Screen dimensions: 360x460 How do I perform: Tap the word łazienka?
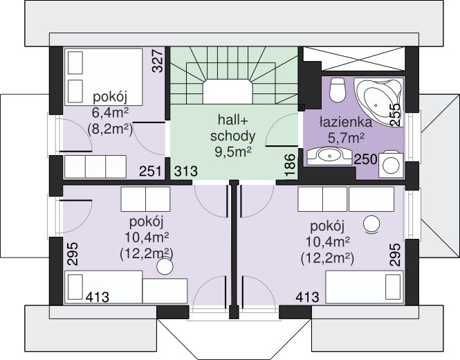(345, 122)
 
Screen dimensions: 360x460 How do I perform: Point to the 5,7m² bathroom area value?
(346, 137)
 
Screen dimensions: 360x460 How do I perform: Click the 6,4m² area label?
(111, 112)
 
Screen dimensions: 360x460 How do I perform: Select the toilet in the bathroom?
(338, 89)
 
